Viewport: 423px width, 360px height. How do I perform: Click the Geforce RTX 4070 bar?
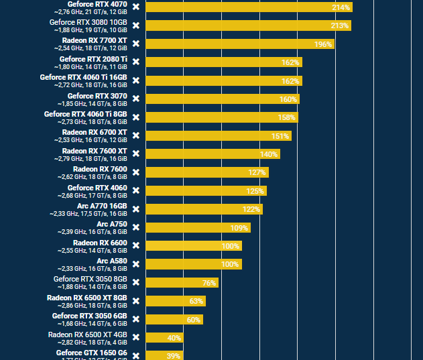(248, 7)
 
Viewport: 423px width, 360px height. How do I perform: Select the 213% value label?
(339, 26)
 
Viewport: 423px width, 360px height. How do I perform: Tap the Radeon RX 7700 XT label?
(94, 40)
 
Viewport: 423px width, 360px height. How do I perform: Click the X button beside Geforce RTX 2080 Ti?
(136, 62)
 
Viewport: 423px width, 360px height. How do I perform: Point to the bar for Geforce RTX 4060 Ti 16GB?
(223, 81)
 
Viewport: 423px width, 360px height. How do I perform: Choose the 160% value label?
(288, 99)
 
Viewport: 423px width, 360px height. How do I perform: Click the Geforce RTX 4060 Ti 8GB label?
(85, 114)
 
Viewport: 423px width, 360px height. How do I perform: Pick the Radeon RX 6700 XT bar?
(218, 136)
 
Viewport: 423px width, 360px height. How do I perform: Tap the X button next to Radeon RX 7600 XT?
(136, 154)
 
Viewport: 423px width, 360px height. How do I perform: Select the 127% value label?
(257, 172)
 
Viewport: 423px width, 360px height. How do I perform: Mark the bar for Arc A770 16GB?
(204, 209)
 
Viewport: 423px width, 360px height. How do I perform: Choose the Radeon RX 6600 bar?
(193, 246)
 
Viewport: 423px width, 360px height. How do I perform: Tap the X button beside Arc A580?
(136, 264)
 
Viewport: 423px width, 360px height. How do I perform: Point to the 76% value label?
(208, 283)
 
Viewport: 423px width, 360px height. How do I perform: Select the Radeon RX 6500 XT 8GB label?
(86, 297)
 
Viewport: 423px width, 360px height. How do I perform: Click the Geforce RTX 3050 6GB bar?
(174, 320)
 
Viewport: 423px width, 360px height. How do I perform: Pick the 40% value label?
(174, 338)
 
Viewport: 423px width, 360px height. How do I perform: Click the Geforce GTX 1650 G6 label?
(91, 352)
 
